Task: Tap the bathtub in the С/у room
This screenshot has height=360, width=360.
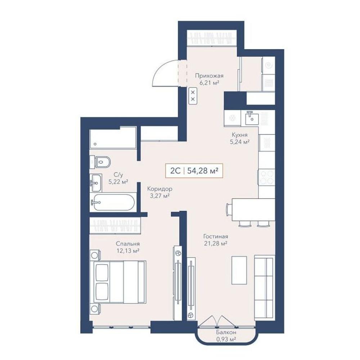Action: pyautogui.click(x=113, y=202)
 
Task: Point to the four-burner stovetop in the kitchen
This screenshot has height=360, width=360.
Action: pyautogui.click(x=266, y=177)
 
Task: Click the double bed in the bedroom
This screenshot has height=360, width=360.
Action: pyautogui.click(x=118, y=282)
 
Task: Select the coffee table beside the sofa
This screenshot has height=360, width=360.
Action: pyautogui.click(x=239, y=270)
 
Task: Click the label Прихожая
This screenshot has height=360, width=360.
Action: pyautogui.click(x=209, y=76)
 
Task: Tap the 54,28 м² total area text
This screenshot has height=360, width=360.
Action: pyautogui.click(x=202, y=171)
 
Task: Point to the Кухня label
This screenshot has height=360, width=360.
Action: pyautogui.click(x=239, y=135)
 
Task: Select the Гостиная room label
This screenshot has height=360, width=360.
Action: pyautogui.click(x=216, y=236)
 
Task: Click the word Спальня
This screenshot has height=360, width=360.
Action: pyautogui.click(x=128, y=244)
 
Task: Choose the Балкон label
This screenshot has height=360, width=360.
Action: pyautogui.click(x=226, y=332)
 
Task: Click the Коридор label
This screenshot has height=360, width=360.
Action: pyautogui.click(x=160, y=189)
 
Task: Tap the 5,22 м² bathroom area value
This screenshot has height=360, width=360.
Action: pyautogui.click(x=118, y=182)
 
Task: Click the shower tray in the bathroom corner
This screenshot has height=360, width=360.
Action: pyautogui.click(x=113, y=138)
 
